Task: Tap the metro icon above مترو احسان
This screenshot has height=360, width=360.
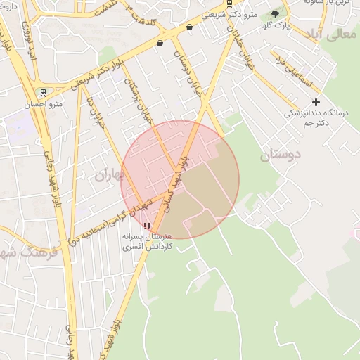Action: click(44, 93)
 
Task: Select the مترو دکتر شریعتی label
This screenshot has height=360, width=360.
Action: click(229, 14)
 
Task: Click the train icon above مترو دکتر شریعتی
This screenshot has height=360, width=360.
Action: click(229, 3)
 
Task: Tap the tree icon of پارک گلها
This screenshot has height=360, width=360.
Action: click(275, 14)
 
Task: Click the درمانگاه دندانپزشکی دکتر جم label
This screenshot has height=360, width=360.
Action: click(308, 118)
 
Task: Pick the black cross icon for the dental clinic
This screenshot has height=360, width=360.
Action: click(316, 103)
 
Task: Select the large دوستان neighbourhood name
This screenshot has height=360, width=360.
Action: click(280, 155)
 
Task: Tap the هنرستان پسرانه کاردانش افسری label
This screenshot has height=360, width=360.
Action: click(147, 243)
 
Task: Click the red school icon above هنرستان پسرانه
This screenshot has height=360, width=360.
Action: click(147, 226)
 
